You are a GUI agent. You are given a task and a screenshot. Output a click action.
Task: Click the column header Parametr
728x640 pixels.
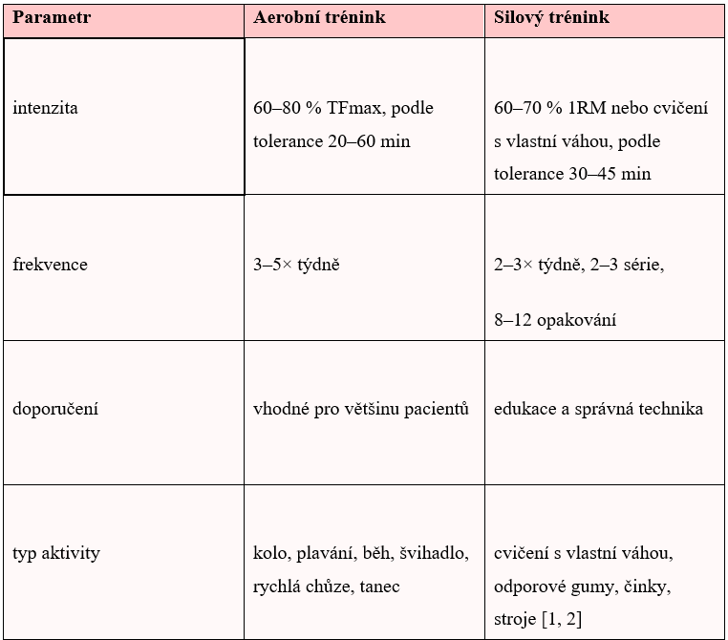click(x=53, y=18)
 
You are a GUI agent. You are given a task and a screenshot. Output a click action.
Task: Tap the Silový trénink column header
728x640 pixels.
click(x=551, y=18)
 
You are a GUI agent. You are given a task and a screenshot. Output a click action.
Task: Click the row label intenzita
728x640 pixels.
click(x=46, y=108)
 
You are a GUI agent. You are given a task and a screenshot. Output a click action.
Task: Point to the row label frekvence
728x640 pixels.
click(x=50, y=264)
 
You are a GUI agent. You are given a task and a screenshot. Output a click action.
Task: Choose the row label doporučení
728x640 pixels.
click(x=55, y=409)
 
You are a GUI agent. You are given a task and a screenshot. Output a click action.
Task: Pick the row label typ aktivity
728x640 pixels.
click(x=56, y=553)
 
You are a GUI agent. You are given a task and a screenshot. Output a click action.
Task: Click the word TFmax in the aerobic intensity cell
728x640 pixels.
click(x=352, y=108)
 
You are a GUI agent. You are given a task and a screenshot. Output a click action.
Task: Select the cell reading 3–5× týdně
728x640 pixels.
click(x=296, y=264)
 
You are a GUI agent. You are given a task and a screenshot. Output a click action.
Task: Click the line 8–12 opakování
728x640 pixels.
click(x=555, y=319)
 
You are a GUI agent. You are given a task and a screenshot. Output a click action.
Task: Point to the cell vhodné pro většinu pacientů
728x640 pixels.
click(x=361, y=409)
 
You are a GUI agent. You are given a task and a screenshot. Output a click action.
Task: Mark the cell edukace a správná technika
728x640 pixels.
click(x=598, y=409)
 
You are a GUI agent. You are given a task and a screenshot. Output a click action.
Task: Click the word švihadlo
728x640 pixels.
click(x=436, y=553)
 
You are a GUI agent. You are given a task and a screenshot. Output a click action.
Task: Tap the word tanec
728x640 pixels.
click(x=380, y=587)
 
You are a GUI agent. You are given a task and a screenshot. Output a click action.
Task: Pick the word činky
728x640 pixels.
click(x=653, y=587)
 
